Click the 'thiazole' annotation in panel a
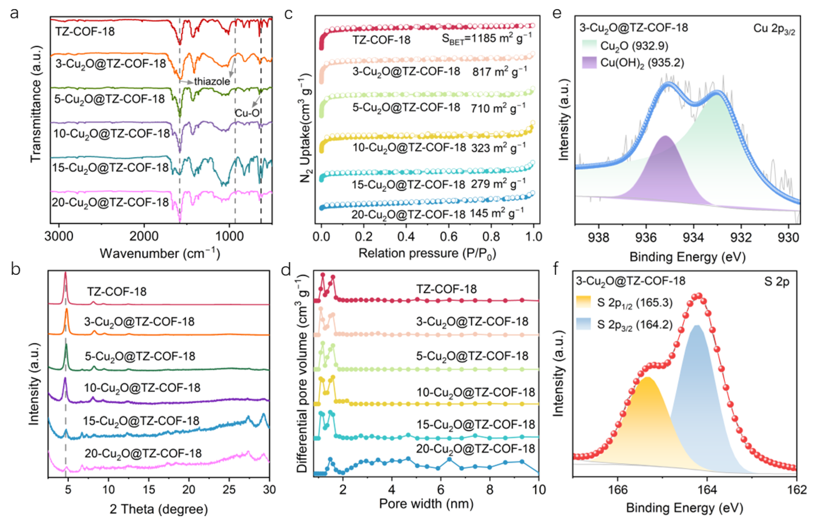tap(212, 81)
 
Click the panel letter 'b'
tap(15, 270)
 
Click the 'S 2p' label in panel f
tap(777, 282)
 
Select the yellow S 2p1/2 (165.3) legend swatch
tap(583, 302)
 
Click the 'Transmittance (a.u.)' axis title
tap(36, 104)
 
